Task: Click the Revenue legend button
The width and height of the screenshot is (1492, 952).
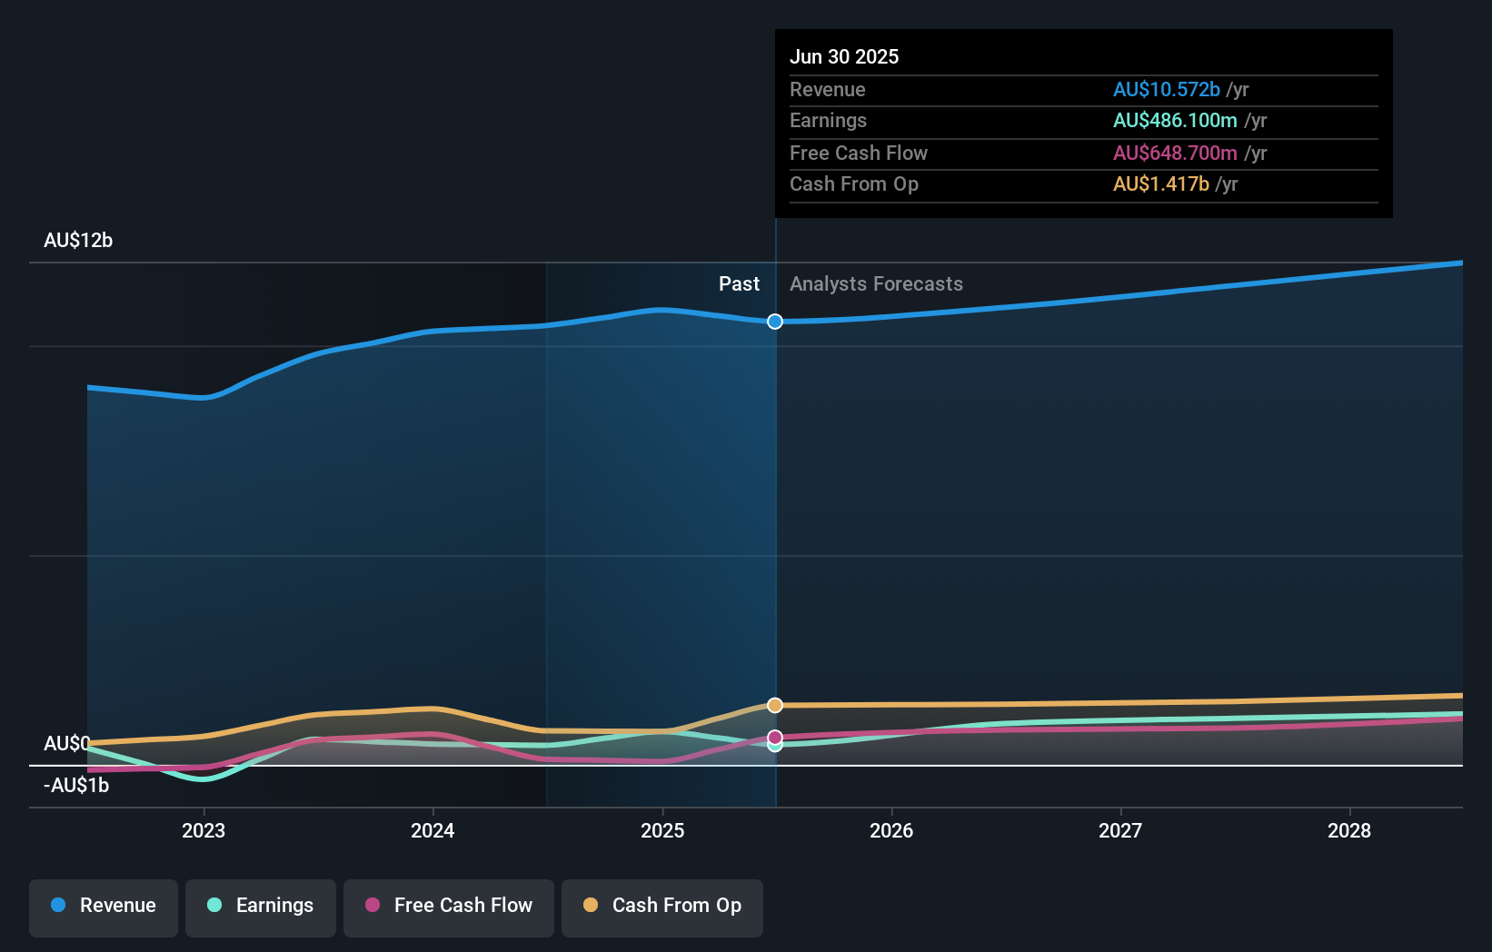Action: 104,906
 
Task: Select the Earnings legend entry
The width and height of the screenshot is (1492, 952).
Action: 261,906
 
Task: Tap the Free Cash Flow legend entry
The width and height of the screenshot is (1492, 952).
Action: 449,906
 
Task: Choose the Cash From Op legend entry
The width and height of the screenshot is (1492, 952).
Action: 662,906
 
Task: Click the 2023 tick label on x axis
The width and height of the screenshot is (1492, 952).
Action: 204,830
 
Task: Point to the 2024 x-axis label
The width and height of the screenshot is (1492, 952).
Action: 433,830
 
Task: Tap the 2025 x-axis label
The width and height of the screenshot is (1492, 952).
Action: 662,830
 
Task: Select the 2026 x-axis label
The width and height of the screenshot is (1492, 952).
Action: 891,830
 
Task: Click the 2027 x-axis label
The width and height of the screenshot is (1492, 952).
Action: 1120,830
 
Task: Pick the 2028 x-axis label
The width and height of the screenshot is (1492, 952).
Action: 1349,830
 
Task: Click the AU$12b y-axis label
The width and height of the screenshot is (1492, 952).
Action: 78,241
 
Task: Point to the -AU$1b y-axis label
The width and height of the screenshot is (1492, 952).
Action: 76,786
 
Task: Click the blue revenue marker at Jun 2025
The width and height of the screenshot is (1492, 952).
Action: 775,322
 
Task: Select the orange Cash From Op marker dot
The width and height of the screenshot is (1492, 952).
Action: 775,706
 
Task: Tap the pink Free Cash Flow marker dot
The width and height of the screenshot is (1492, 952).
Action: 775,737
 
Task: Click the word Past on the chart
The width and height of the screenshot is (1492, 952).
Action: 739,284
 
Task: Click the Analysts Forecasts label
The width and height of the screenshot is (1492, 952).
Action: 876,284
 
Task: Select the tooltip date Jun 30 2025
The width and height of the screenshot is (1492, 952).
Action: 844,57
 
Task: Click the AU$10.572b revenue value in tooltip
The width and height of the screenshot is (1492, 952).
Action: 1166,90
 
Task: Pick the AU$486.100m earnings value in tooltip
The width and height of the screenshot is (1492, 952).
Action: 1175,121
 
